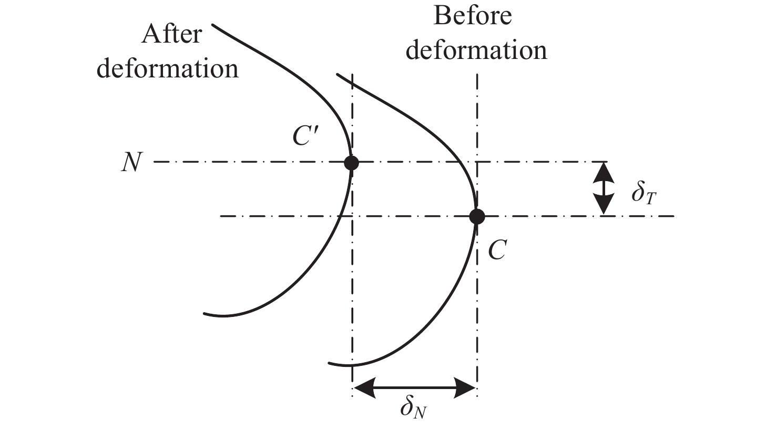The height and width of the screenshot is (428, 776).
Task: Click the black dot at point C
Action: pyautogui.click(x=477, y=216)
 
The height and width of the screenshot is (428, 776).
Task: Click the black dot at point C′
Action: pyautogui.click(x=351, y=162)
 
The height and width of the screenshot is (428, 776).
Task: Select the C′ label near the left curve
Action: pyautogui.click(x=303, y=136)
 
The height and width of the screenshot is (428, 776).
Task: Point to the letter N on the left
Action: pyautogui.click(x=131, y=163)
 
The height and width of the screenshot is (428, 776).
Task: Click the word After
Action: pyautogui.click(x=171, y=34)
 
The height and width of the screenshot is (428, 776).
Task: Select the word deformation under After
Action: pyautogui.click(x=168, y=68)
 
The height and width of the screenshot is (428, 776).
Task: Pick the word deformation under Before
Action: pyautogui.click(x=476, y=51)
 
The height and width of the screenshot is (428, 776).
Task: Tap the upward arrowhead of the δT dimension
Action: pyautogui.click(x=604, y=171)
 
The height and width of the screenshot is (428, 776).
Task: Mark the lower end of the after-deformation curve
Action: pyautogui.click(x=205, y=313)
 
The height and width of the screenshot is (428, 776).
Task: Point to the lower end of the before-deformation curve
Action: pyautogui.click(x=329, y=363)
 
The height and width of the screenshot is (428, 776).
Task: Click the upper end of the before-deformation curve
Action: pyautogui.click(x=337, y=75)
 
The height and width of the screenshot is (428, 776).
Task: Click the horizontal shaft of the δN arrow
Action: pyautogui.click(x=414, y=388)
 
